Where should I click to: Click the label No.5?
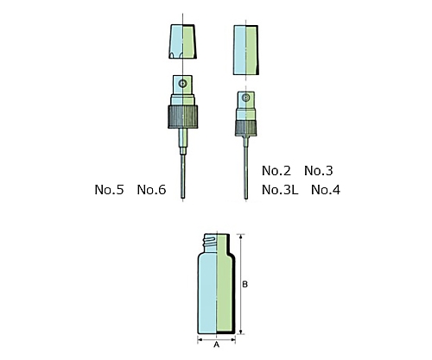point(109,190)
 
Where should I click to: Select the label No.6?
point(151,190)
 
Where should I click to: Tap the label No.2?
point(276,171)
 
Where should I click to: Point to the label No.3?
point(319,171)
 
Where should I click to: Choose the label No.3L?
point(280,190)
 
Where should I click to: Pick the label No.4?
point(326,190)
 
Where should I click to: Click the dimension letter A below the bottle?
point(217,344)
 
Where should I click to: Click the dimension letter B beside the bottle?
point(245,284)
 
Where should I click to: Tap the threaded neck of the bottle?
point(216,243)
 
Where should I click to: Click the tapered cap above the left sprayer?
point(182,41)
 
